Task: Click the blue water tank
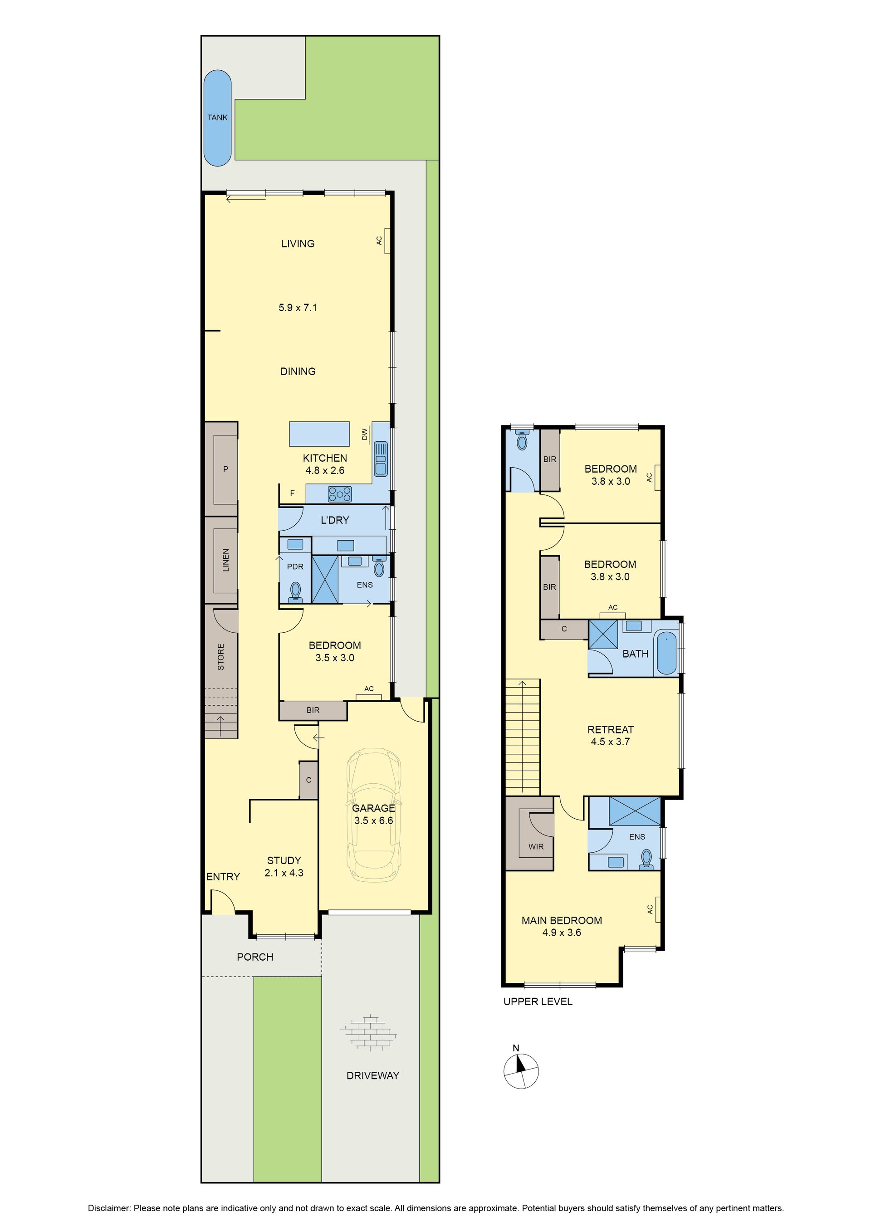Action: pos(217,118)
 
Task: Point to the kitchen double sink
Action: pos(381,459)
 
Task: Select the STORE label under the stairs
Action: pos(220,657)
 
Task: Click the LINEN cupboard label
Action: pos(226,560)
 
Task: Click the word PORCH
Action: pos(255,957)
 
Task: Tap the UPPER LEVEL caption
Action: pos(538,1001)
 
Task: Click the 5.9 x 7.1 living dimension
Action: pos(298,308)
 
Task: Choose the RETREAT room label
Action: pos(610,730)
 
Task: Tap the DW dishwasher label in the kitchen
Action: pos(365,434)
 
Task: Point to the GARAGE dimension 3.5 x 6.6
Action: pos(374,821)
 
